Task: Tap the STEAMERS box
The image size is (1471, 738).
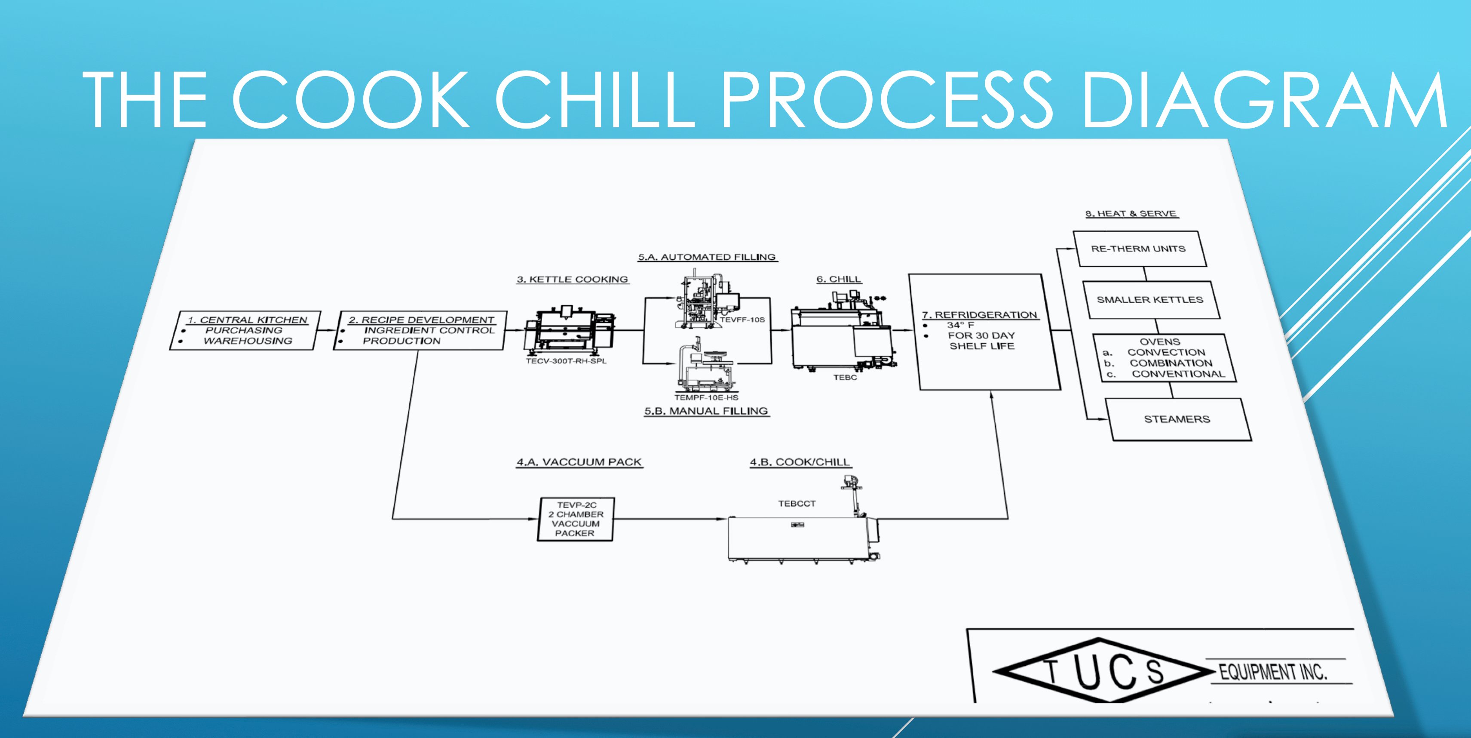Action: click(1177, 419)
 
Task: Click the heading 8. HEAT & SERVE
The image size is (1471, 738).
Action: click(1131, 214)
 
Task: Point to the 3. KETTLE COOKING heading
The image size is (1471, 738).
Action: click(572, 279)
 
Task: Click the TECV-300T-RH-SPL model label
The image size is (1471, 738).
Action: click(566, 361)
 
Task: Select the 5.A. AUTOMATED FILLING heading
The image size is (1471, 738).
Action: click(707, 257)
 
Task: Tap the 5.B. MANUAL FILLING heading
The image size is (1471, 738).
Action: click(706, 411)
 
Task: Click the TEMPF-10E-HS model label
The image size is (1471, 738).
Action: click(706, 397)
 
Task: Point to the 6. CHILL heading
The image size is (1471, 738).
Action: click(839, 279)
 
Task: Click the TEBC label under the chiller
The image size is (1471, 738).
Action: click(845, 378)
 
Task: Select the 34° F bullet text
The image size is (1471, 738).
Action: click(960, 325)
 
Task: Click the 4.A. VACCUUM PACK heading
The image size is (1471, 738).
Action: click(579, 462)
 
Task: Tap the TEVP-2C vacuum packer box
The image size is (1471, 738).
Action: click(575, 519)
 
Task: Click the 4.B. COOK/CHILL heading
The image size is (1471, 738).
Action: click(800, 462)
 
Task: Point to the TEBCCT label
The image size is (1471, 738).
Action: click(797, 504)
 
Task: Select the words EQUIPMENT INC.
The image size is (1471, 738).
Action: click(1273, 672)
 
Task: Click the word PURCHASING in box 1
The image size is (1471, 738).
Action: click(244, 331)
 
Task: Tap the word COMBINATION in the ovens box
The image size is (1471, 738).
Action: click(1171, 363)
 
